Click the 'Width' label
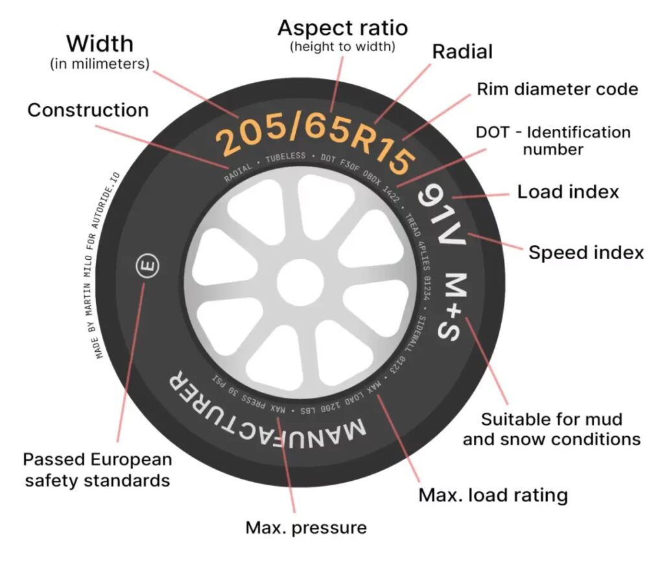[x=100, y=44]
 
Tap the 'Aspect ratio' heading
[x=342, y=28]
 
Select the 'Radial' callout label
[x=463, y=52]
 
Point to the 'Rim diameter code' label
[x=558, y=89]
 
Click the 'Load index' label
[x=567, y=192]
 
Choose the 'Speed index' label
[x=586, y=252]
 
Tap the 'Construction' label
[x=88, y=110]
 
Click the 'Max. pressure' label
[x=305, y=527]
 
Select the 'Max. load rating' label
[x=493, y=496]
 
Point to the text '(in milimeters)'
[x=100, y=64]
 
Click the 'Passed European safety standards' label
[x=97, y=470]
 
